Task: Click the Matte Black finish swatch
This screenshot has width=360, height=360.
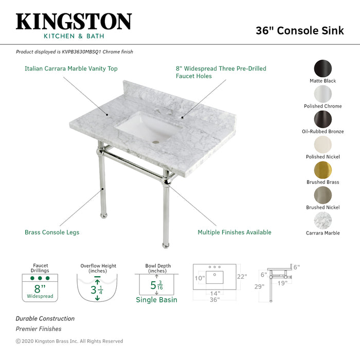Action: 323,69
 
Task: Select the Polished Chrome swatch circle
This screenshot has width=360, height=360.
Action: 323,94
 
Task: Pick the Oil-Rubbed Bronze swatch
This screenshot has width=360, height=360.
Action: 323,119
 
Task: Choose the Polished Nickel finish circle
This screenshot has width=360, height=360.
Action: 323,145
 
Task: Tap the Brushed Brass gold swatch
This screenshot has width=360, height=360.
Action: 323,170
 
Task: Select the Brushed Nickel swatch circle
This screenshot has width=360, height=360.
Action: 323,195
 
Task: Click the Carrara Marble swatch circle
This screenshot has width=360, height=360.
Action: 323,221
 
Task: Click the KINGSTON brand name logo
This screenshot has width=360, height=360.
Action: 74,22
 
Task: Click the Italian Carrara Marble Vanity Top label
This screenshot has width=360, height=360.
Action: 71,68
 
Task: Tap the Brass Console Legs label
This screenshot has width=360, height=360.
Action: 52,232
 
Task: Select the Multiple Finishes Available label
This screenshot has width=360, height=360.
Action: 235,232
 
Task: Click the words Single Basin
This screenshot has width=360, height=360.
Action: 156,300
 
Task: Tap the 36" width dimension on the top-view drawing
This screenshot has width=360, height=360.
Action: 214,299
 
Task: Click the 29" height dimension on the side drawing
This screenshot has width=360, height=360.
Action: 259,286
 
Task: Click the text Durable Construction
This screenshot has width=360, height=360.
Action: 45,319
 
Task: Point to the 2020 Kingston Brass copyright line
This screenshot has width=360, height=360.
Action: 69,341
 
